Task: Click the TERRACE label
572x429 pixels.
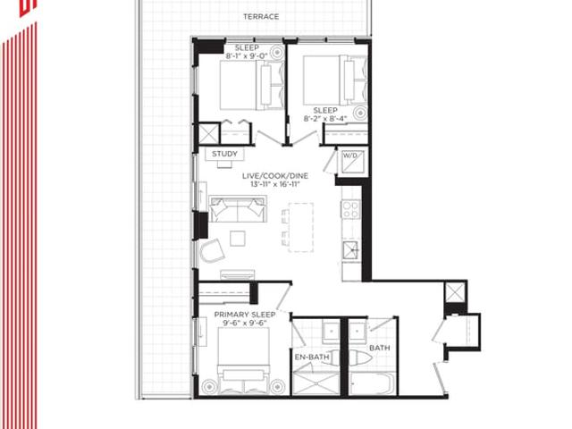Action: [261, 17]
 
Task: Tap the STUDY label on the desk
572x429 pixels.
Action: [224, 154]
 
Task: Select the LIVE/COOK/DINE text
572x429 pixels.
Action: [275, 176]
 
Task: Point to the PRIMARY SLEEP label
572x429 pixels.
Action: [245, 315]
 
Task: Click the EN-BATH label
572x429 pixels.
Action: [312, 357]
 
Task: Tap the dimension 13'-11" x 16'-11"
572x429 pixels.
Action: [275, 184]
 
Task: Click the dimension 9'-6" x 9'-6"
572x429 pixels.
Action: [245, 324]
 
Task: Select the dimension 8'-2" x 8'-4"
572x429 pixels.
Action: [325, 119]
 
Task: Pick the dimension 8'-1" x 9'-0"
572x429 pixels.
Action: [247, 56]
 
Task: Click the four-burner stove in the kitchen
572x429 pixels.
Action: [350, 209]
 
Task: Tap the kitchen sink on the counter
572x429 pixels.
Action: [351, 250]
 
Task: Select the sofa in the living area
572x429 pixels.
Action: [238, 209]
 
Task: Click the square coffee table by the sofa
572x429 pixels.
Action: [238, 239]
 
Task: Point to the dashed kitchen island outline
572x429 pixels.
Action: [301, 227]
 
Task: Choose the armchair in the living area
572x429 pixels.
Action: [212, 250]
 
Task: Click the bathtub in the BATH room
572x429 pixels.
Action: [372, 383]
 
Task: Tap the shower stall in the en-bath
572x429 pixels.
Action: [315, 383]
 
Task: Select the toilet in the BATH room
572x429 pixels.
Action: [360, 357]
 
